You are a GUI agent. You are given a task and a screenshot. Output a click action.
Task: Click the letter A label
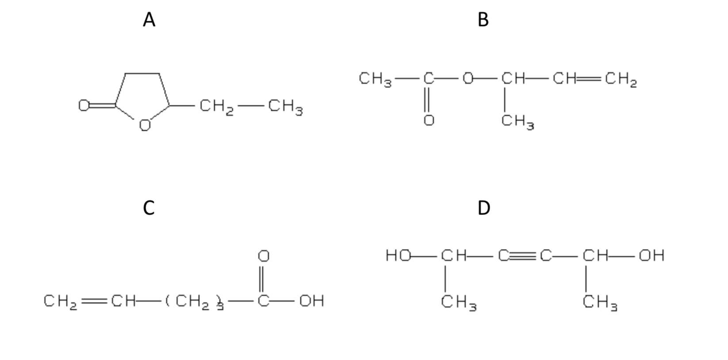tap(149, 20)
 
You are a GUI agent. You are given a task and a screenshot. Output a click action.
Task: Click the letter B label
tap(483, 20)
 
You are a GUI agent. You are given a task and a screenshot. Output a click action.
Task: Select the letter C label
tap(149, 208)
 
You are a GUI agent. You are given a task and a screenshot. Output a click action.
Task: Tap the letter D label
tap(484, 208)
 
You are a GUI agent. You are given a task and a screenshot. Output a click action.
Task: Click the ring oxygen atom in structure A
tap(145, 126)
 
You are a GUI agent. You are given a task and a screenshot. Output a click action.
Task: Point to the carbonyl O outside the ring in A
tap(84, 106)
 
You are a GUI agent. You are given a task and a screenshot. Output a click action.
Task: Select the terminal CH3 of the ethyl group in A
tap(285, 107)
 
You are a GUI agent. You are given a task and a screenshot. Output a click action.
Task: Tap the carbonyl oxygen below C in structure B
tap(429, 120)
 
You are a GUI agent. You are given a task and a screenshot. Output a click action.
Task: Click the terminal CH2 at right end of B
tap(621, 80)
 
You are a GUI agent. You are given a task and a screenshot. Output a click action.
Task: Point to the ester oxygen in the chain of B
tap(467, 79)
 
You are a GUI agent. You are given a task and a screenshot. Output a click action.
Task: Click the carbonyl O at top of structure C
tap(263, 256)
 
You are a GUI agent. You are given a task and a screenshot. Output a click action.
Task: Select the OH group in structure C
tap(311, 301)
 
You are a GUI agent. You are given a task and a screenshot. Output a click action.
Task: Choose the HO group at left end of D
tap(398, 256)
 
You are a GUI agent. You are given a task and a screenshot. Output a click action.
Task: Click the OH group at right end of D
tap(651, 256)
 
